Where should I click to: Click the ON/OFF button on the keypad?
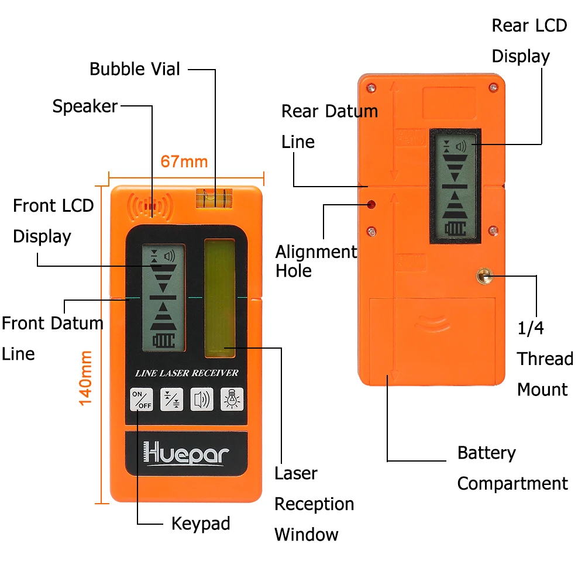point(141,399)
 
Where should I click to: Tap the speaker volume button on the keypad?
point(202,399)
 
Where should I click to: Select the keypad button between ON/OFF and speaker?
point(171,399)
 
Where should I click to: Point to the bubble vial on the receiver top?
point(214,198)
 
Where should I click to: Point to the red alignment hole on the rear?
point(371,204)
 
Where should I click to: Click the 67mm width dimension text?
point(184,161)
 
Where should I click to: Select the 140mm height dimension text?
point(86,377)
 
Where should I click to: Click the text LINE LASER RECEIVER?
point(187,373)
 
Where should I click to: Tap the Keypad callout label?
point(200,523)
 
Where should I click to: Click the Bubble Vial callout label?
point(135,69)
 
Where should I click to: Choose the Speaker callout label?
point(85,106)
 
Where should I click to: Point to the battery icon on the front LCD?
point(163,340)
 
